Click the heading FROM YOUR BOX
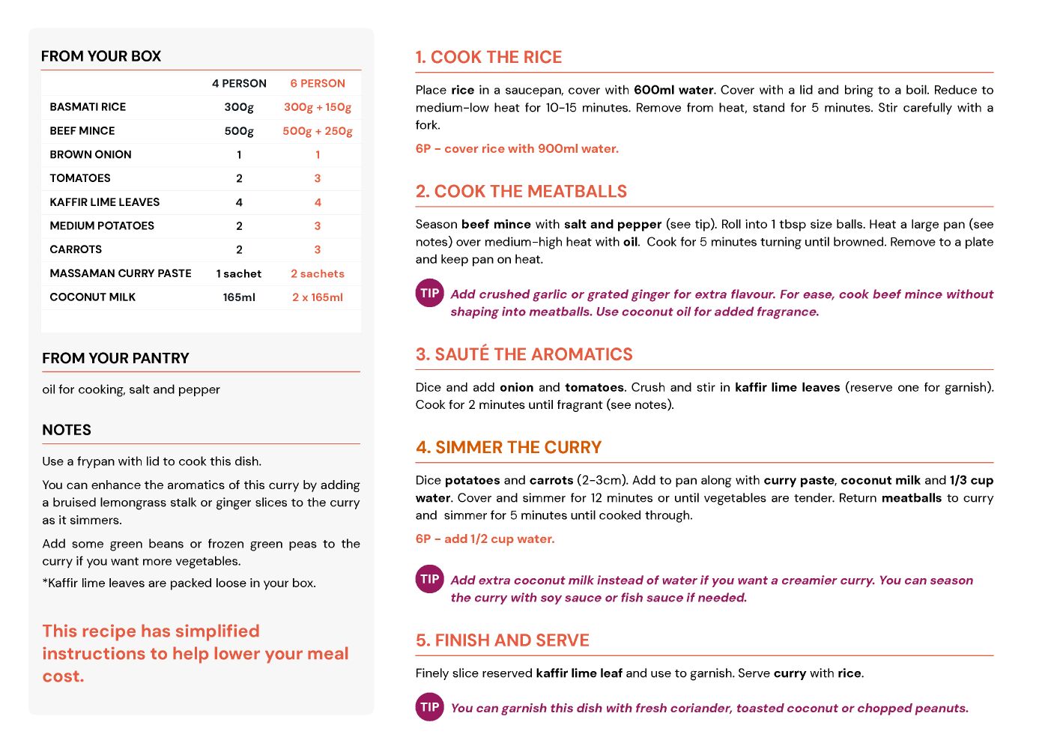(x=101, y=56)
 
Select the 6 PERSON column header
(x=318, y=83)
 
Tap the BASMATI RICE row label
(x=88, y=107)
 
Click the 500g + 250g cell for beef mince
(x=318, y=131)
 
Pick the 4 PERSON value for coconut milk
(x=239, y=297)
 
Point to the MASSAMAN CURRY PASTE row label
(x=121, y=273)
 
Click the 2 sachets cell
(x=318, y=273)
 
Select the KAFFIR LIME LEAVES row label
(x=105, y=202)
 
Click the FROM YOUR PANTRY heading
(x=115, y=358)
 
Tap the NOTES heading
(x=67, y=430)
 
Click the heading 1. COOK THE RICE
(x=488, y=57)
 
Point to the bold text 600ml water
(x=673, y=90)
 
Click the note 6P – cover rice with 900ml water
(x=517, y=148)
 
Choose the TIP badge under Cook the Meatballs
(x=430, y=294)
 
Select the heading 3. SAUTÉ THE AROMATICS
(x=524, y=354)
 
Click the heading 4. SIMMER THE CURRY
(x=509, y=447)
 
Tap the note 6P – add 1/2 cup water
(x=485, y=539)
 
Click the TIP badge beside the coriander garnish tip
(x=430, y=707)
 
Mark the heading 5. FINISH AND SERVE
(x=502, y=640)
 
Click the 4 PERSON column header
(x=239, y=83)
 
